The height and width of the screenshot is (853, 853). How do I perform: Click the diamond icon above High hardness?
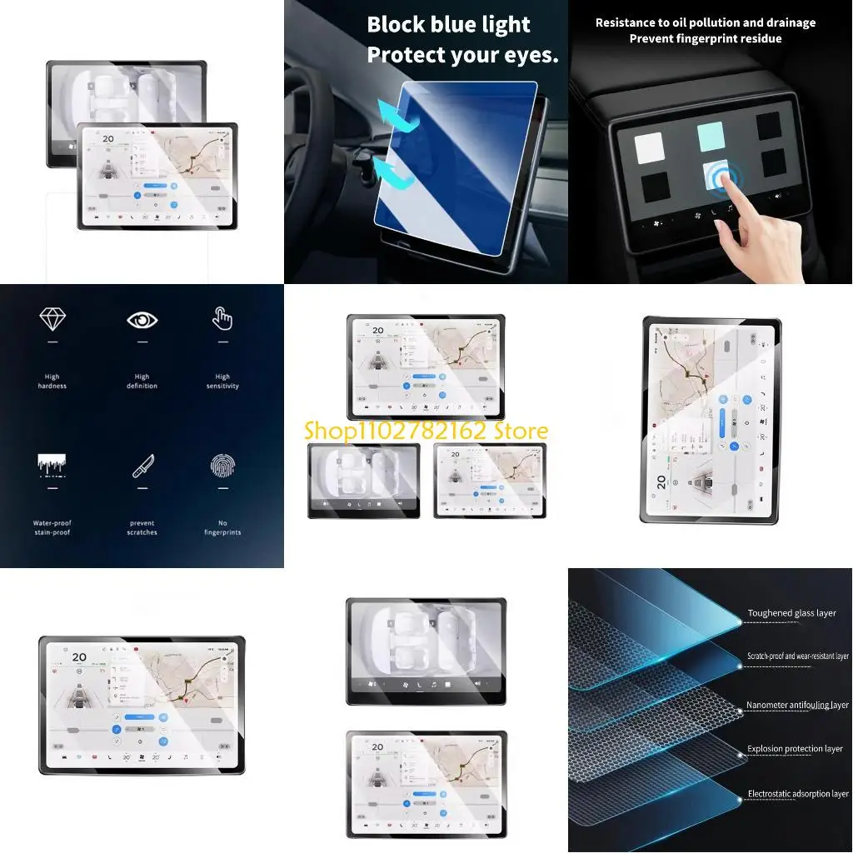[52, 318]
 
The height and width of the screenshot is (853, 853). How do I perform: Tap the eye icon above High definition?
[142, 320]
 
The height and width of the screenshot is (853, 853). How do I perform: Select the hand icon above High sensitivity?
[222, 318]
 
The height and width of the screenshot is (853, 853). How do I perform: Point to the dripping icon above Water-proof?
[52, 466]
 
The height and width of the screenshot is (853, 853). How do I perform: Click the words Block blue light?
[448, 25]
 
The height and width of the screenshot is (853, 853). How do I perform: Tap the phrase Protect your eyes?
[462, 55]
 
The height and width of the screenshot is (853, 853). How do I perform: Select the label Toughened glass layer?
[791, 613]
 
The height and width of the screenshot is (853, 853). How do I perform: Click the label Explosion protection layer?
[795, 749]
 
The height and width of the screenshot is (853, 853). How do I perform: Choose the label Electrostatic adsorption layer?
[798, 794]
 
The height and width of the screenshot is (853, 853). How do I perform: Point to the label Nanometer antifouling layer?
[797, 705]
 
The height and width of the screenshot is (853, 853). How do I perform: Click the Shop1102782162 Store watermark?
[426, 431]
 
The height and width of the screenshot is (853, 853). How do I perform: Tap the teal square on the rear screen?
[711, 137]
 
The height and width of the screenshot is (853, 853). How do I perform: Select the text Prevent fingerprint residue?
[706, 38]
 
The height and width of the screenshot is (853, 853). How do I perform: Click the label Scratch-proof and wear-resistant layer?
[797, 656]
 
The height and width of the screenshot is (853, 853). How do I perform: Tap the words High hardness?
[52, 382]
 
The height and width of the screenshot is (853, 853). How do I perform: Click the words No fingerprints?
[222, 528]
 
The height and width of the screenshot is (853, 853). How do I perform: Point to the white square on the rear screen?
[649, 148]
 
